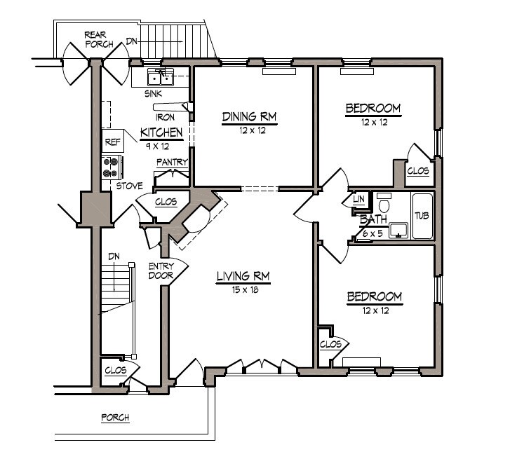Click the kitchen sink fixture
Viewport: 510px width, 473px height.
tap(161, 76)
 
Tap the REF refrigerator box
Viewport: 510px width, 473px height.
tap(113, 141)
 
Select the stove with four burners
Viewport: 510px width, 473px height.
tap(112, 167)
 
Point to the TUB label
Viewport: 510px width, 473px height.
tap(422, 215)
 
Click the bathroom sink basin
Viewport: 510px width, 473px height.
tap(398, 231)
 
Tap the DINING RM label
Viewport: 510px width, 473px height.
tap(249, 116)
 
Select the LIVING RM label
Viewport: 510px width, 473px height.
tap(243, 276)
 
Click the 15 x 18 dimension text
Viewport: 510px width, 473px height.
tap(246, 290)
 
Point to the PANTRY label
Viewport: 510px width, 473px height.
tap(173, 162)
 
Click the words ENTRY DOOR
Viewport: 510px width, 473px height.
tap(161, 271)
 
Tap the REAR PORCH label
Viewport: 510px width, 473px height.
tap(98, 39)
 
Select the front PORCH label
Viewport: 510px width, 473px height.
tap(115, 417)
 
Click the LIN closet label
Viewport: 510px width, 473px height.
tap(358, 199)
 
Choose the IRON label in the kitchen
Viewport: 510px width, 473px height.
tap(166, 117)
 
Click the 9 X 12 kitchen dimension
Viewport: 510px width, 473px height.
tap(157, 146)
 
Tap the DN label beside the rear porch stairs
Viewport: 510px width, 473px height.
tap(132, 41)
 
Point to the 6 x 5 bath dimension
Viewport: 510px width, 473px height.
tap(373, 233)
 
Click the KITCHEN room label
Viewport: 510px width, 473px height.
tap(161, 132)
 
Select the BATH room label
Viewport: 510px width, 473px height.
tap(373, 219)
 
